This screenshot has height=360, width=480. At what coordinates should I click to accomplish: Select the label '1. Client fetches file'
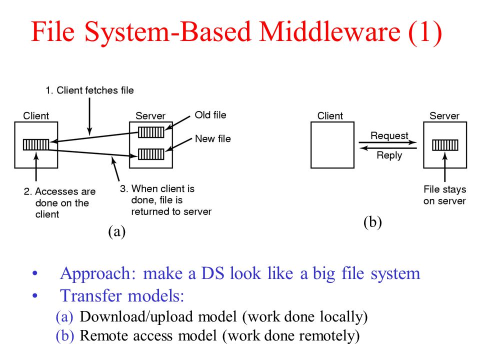point(89,90)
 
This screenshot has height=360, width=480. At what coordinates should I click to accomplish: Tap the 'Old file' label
point(210,115)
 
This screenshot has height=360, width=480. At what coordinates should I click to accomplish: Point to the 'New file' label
point(213,138)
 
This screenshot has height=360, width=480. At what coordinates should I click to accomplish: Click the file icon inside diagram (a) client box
point(36,144)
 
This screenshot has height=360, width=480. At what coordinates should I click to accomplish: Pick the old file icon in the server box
point(151,132)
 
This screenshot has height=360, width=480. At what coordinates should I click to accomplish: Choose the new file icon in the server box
point(151,154)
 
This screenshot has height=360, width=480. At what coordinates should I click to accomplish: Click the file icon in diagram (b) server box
point(445,145)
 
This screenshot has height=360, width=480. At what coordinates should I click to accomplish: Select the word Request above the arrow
point(389,135)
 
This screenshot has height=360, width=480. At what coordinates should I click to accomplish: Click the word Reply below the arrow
point(389,155)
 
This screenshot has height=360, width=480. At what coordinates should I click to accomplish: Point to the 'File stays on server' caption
point(445,195)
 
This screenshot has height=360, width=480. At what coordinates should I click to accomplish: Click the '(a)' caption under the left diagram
point(116,231)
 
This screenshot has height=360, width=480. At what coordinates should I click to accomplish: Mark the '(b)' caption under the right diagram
point(372,222)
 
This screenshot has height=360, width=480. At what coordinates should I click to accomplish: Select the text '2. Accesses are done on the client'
point(59,202)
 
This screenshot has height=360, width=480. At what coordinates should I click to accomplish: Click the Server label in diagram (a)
point(150,115)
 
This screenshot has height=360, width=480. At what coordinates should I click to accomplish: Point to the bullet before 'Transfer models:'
point(35,295)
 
